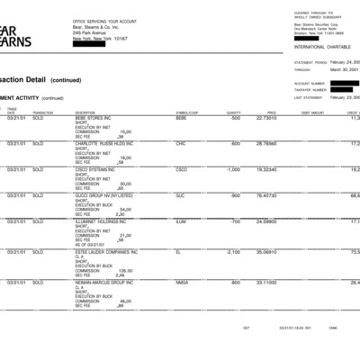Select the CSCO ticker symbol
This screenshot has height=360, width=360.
182,169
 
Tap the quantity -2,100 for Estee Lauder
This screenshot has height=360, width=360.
232,252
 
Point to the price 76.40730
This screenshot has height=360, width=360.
265,195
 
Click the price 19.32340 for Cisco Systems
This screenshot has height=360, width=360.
265,169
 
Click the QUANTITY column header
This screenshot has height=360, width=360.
234,112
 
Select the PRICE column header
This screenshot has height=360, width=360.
271,112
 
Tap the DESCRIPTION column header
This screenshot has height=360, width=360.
85,112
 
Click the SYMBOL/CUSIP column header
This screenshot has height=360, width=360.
186,112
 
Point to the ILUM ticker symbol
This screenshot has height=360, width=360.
181,221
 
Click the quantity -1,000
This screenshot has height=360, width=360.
232,169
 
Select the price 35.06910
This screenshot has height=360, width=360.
265,252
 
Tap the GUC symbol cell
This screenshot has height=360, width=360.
180,195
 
